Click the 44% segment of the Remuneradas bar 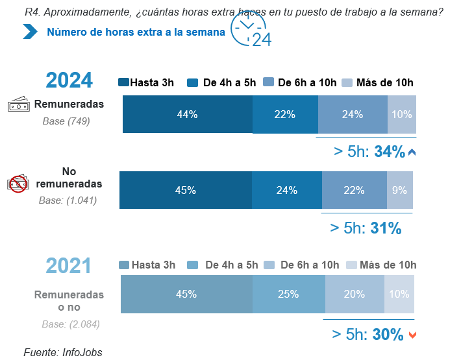(187, 114)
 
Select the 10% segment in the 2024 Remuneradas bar (402, 114)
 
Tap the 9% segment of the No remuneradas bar (399, 190)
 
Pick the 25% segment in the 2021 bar (288, 294)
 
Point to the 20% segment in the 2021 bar (355, 294)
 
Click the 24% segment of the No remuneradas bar (286, 190)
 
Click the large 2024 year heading (69, 80)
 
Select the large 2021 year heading (69, 265)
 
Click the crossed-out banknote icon (18, 183)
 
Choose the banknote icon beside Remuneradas (19, 105)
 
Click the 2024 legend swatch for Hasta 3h (123, 82)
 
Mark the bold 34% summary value (390, 152)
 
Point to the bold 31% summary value (386, 228)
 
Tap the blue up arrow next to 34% (412, 152)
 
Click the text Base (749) (66, 121)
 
